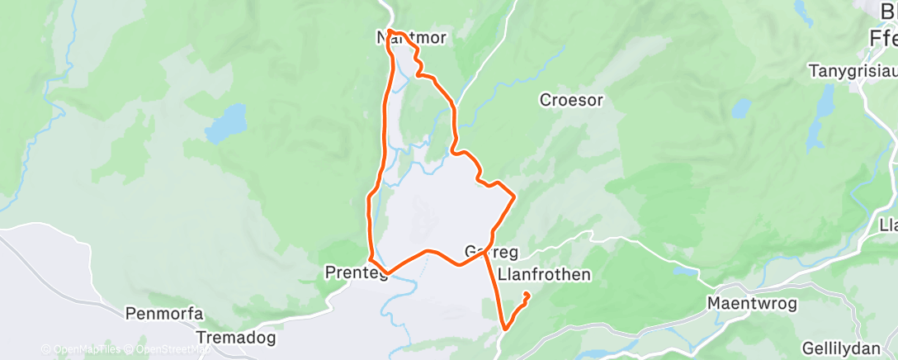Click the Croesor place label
(x=571, y=100)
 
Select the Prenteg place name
(x=357, y=272)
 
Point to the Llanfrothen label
(x=546, y=274)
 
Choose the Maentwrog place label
(x=752, y=304)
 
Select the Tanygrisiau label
(x=851, y=71)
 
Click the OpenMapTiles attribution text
(x=80, y=349)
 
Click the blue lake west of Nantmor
(x=226, y=122)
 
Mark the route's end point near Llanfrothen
(x=527, y=295)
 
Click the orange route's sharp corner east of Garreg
(x=515, y=197)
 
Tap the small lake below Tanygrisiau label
(x=741, y=108)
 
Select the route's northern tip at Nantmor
(x=390, y=31)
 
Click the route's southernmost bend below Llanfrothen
(x=504, y=329)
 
